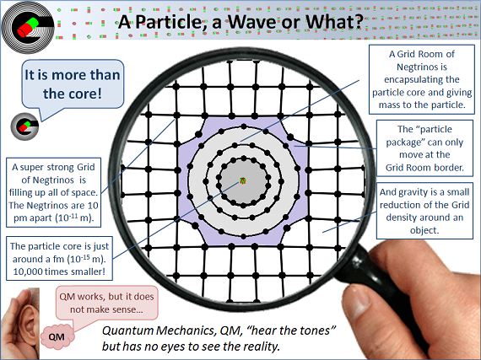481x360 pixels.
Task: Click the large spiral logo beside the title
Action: pyautogui.click(x=28, y=28)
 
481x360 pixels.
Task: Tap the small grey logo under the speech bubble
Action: pyautogui.click(x=24, y=126)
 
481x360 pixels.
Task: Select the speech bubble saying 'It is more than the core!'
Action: pyautogui.click(x=73, y=84)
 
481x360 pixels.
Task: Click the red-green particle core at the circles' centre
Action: pyautogui.click(x=243, y=180)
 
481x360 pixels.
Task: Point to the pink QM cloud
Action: pyautogui.click(x=57, y=336)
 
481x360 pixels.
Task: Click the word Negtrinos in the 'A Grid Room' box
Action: pyautogui.click(x=422, y=67)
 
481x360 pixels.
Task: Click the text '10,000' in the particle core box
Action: pyautogui.click(x=28, y=271)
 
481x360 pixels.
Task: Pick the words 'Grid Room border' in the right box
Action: pyautogui.click(x=424, y=168)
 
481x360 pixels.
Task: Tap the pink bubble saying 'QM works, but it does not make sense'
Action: pyautogui.click(x=107, y=303)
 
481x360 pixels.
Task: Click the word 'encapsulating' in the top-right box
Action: pyautogui.click(x=422, y=79)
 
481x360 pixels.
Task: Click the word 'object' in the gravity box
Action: pyautogui.click(x=424, y=230)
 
